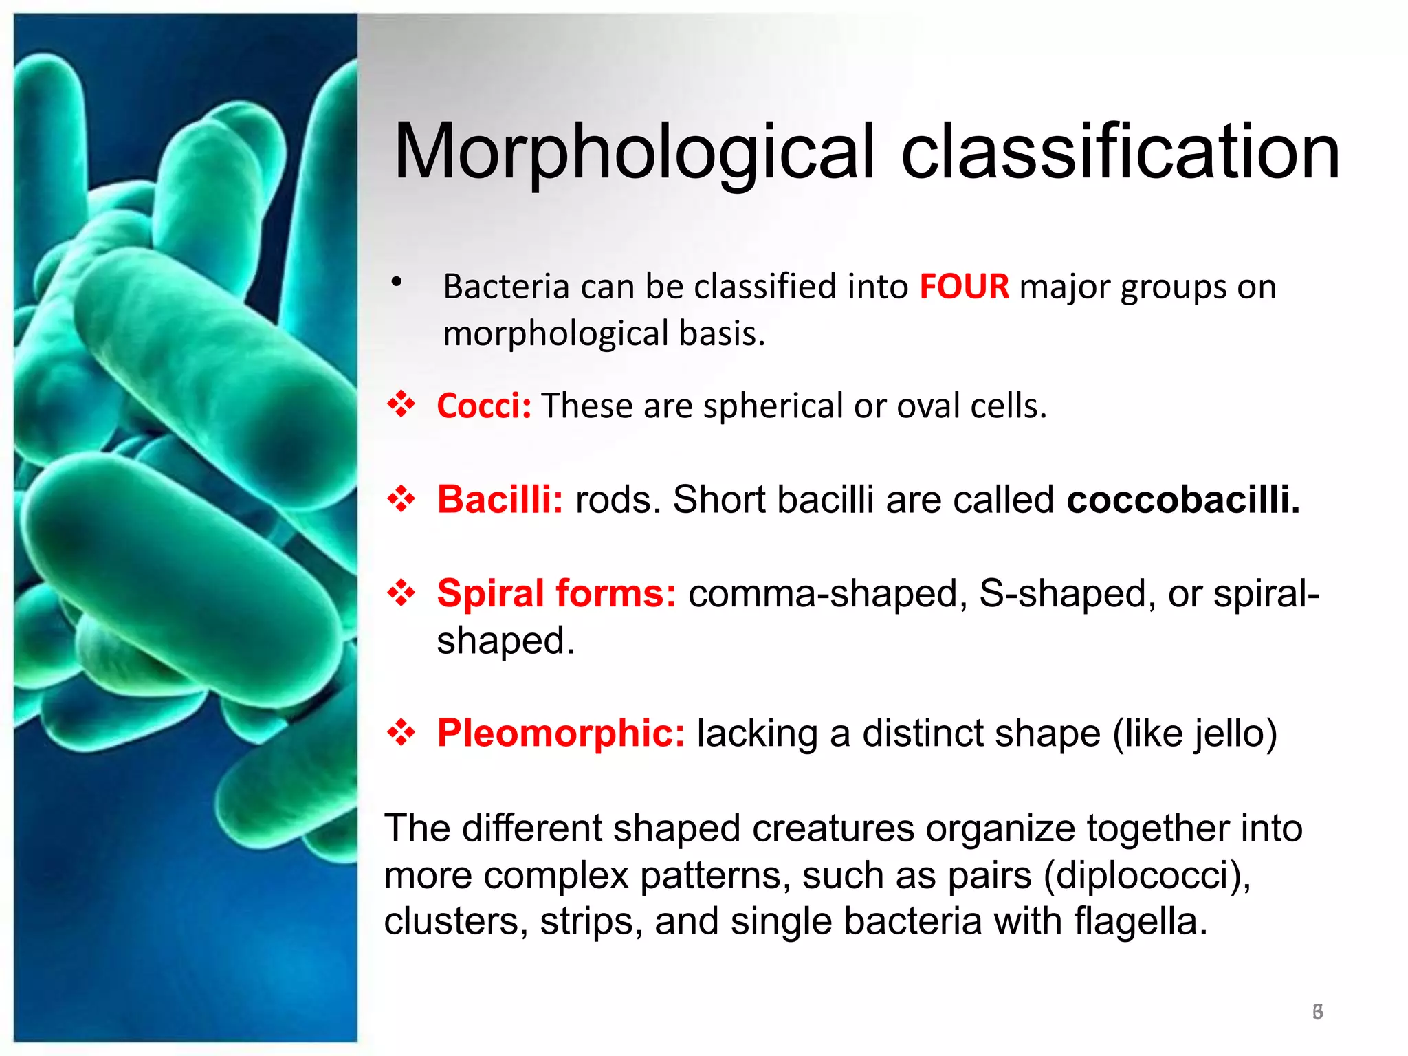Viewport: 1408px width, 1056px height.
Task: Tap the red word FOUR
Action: [x=964, y=286]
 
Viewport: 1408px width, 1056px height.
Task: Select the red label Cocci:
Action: [x=484, y=406]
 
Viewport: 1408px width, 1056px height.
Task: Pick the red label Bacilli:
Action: [x=500, y=499]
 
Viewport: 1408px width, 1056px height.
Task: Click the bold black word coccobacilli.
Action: [x=1182, y=499]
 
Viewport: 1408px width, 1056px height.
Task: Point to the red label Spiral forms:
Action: [x=556, y=593]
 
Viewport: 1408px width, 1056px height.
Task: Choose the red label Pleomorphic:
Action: [x=560, y=733]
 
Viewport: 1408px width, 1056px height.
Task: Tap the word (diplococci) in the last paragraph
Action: [x=1147, y=875]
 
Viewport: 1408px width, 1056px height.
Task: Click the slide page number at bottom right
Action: [x=1317, y=1011]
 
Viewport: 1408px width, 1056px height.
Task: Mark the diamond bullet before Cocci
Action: [x=401, y=404]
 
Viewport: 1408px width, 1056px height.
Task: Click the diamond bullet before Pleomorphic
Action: [x=401, y=732]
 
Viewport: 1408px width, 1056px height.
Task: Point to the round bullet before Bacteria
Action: [x=396, y=282]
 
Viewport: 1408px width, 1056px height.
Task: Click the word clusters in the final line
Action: [x=455, y=921]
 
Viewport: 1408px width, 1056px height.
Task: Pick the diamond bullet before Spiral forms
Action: [x=401, y=593]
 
